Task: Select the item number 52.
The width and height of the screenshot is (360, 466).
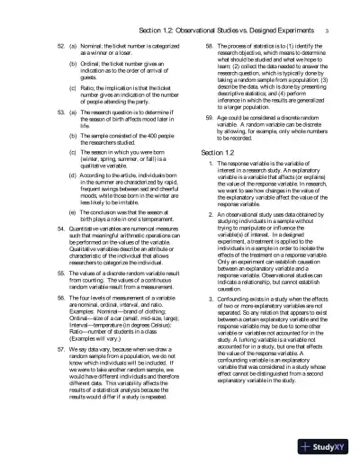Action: click(x=37, y=45)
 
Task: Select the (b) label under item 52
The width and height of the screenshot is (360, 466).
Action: click(x=49, y=65)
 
